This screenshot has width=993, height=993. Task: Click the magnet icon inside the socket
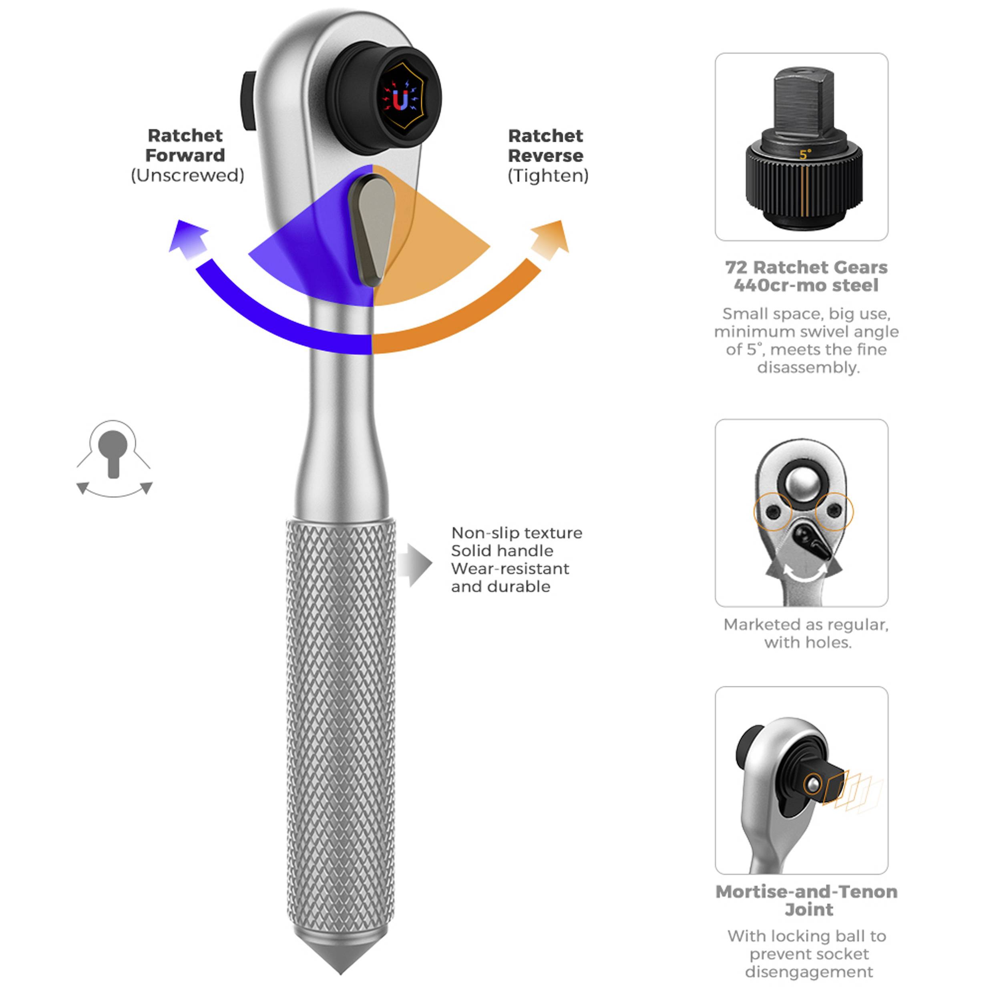point(400,99)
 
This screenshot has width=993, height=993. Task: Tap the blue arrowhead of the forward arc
point(187,238)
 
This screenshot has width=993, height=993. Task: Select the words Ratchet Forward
point(185,145)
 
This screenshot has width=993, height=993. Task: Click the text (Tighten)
point(548,176)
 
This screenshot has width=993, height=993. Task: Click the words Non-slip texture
point(517,533)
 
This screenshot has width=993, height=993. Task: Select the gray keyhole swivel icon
point(114,458)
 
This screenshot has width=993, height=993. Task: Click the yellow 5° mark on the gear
point(804,154)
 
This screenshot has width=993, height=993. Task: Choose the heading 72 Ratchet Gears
point(806,267)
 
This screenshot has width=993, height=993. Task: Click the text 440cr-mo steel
point(806,285)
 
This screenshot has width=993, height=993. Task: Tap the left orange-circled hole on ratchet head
point(772,512)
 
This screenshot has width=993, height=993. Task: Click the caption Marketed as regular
point(806,625)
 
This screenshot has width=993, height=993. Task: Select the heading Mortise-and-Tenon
point(806,892)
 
